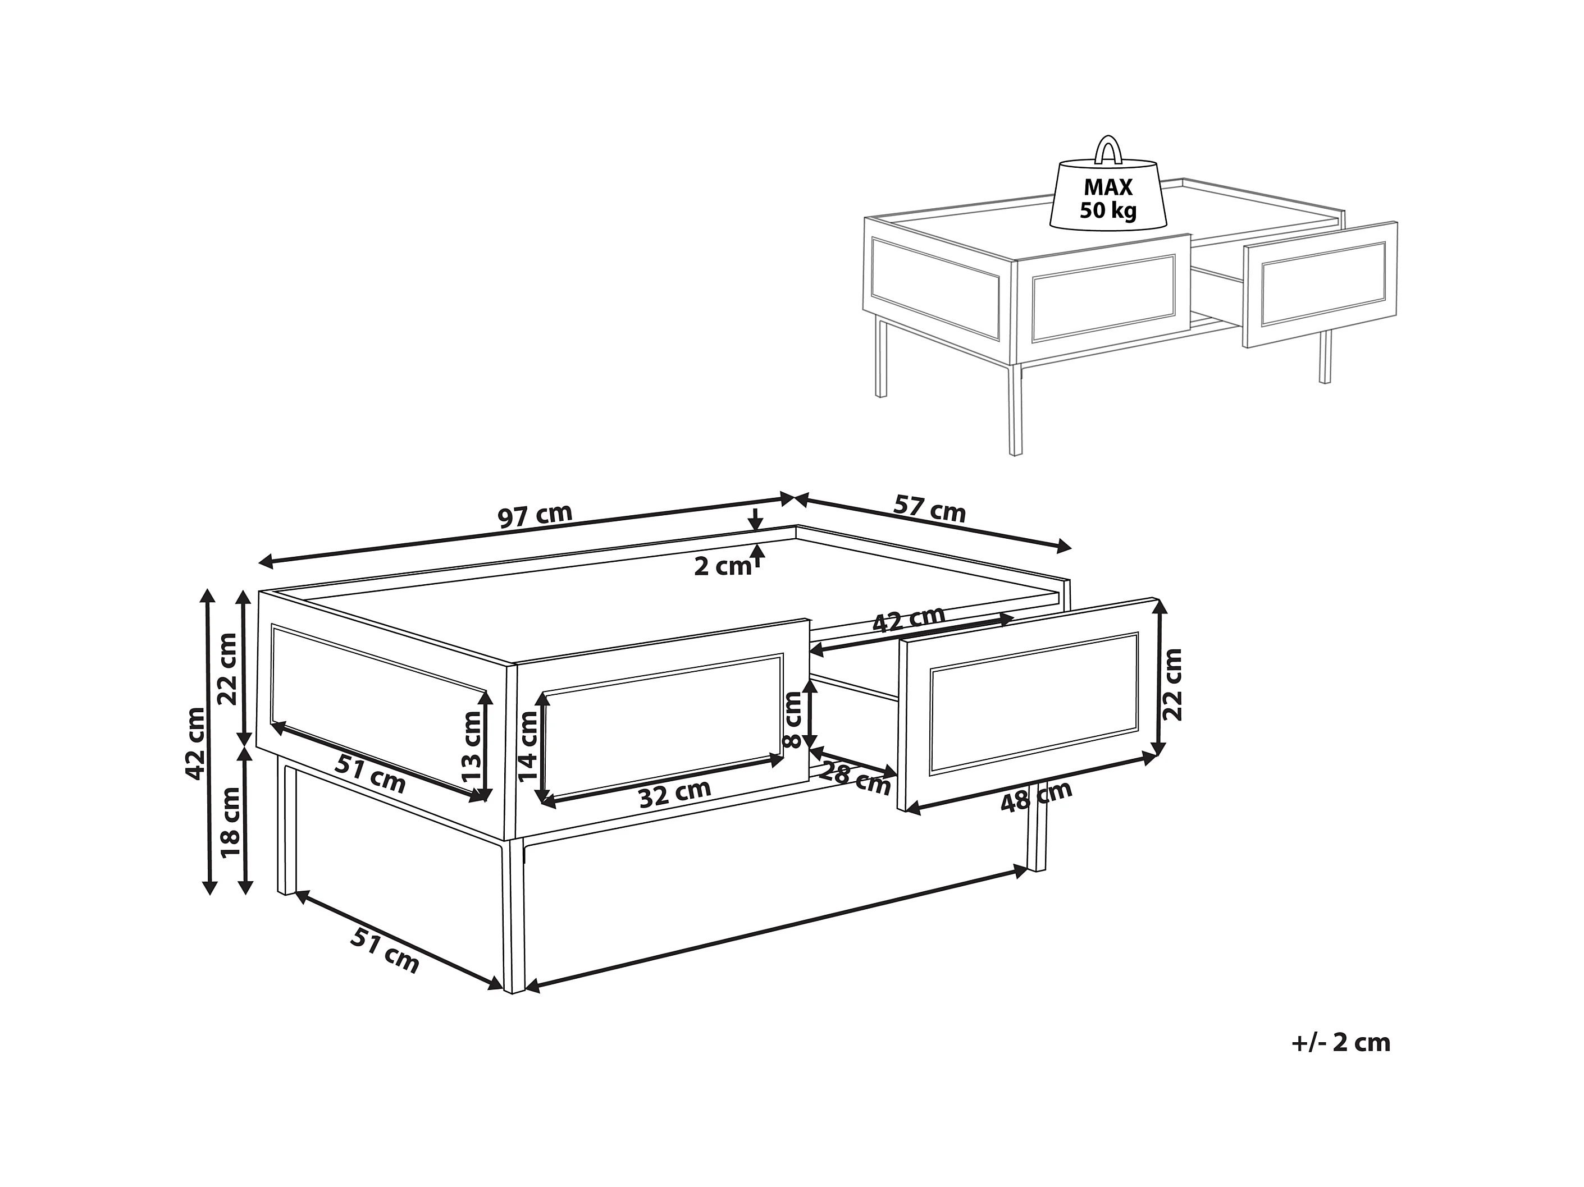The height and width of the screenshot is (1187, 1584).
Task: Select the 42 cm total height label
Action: pyautogui.click(x=195, y=742)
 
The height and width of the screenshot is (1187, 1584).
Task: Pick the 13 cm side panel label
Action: pyautogui.click(x=472, y=746)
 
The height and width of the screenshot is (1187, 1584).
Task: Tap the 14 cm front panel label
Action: pyautogui.click(x=528, y=745)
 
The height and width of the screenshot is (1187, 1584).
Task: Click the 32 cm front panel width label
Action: pyautogui.click(x=674, y=793)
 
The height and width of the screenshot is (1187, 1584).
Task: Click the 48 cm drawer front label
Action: pyautogui.click(x=1035, y=795)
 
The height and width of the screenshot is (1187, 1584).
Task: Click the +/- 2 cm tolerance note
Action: pyautogui.click(x=1340, y=1063)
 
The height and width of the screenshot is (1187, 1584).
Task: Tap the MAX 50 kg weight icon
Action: pyautogui.click(x=1108, y=197)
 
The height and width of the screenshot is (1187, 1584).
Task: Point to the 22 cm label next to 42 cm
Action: pyautogui.click(x=228, y=668)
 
